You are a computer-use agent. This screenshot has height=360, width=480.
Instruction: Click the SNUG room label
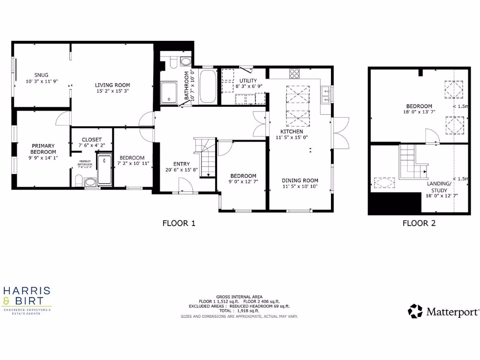[x=41, y=75]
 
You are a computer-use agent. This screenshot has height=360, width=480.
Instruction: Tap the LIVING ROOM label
[x=112, y=85]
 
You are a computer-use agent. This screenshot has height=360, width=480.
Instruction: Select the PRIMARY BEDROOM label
[x=43, y=149]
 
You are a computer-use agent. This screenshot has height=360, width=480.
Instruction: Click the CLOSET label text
[x=91, y=140]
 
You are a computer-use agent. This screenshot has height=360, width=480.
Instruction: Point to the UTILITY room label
[x=248, y=81]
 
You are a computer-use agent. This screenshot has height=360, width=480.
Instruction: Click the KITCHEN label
[x=292, y=132]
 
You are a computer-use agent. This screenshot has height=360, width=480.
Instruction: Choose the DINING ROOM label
[x=300, y=180]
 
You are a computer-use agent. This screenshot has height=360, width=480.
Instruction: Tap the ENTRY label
[x=181, y=164]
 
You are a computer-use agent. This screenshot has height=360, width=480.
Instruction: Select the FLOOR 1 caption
[x=179, y=223]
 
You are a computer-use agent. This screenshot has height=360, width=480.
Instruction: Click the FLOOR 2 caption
[x=419, y=223]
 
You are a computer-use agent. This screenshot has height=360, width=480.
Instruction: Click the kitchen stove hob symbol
[x=294, y=73]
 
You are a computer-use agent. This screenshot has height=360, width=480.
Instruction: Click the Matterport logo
[x=443, y=311]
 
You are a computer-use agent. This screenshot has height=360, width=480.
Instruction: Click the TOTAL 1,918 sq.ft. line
[x=239, y=311]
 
